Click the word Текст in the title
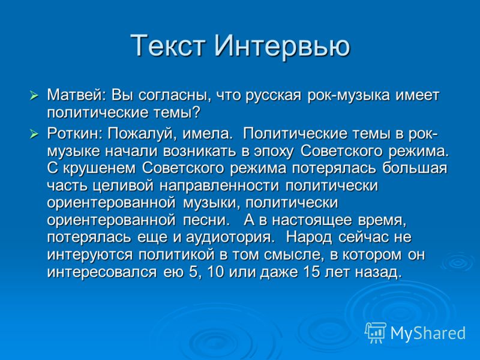point(168,46)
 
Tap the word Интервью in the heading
point(282,46)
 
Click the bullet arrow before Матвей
point(34,95)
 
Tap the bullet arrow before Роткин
point(34,134)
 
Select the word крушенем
point(99,169)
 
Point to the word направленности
point(219,186)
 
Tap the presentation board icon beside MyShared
point(376,332)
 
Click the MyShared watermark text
point(428,333)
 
